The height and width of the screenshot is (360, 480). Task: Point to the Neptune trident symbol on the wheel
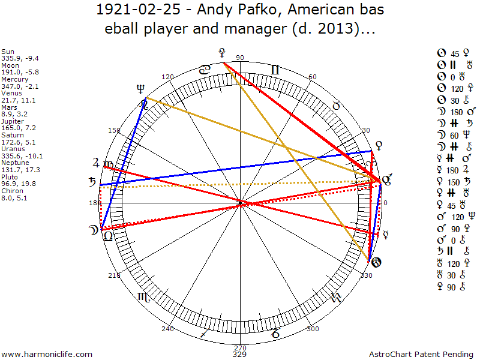pyautogui.click(x=141, y=89)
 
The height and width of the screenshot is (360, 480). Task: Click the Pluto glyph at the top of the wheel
pyautogui.click(x=223, y=53)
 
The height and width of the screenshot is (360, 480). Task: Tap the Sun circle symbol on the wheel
pyautogui.click(x=376, y=263)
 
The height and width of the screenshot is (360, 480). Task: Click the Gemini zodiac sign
pyautogui.click(x=274, y=70)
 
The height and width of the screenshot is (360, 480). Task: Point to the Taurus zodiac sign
pyautogui.click(x=336, y=106)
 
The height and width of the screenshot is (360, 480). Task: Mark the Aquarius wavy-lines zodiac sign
pyautogui.click(x=336, y=296)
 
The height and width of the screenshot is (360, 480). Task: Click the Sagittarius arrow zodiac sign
pyautogui.click(x=205, y=332)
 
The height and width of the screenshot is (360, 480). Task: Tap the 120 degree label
pyautogui.click(x=168, y=77)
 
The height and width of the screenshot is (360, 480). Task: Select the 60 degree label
pyautogui.click(x=312, y=77)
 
